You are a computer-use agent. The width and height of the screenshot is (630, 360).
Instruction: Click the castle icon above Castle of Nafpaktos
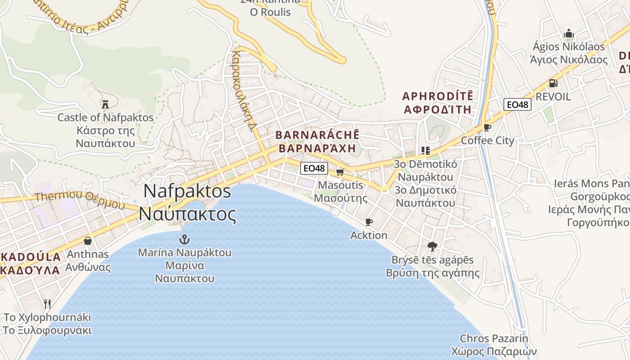click(105, 104)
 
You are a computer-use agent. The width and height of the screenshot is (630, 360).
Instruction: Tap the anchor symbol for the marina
click(184, 239)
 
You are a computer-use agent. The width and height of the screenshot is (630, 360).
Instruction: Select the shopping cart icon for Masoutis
click(340, 172)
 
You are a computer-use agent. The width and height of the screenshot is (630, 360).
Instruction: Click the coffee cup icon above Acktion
click(369, 222)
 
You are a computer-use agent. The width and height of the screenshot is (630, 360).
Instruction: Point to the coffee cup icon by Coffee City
click(487, 127)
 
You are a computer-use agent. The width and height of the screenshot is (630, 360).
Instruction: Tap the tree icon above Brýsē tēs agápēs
click(432, 246)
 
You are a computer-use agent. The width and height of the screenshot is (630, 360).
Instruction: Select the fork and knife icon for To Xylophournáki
click(47, 304)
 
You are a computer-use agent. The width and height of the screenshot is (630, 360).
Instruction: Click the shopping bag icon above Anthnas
click(87, 241)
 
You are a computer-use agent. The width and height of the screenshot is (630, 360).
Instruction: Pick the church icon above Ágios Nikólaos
click(569, 34)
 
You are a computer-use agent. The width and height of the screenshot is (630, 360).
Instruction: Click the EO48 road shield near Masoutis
click(314, 168)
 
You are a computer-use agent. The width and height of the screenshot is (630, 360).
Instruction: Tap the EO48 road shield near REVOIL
click(517, 104)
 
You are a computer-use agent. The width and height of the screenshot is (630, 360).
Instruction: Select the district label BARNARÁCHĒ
click(317, 135)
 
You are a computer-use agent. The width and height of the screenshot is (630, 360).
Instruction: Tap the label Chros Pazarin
click(494, 338)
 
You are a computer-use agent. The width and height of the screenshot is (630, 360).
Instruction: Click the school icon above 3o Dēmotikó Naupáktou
click(425, 150)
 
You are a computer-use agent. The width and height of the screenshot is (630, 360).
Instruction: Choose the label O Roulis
click(270, 12)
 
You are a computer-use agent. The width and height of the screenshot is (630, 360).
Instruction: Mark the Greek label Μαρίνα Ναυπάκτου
click(184, 272)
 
